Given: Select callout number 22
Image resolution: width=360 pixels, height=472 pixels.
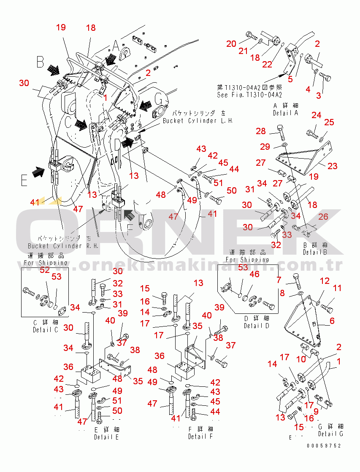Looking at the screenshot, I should [x=267, y=64].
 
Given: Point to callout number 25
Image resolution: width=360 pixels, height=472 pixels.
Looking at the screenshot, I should [x=328, y=122].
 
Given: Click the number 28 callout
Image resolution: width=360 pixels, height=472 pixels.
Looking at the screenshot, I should [x=261, y=132].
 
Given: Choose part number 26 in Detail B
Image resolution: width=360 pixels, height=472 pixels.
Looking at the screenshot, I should [x=323, y=217].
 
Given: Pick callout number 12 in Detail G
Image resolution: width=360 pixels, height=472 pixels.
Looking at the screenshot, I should [x=324, y=281].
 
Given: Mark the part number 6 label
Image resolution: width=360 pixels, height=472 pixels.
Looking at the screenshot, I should [x=332, y=321].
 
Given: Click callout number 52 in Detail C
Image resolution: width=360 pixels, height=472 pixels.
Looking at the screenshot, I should [x=44, y=270].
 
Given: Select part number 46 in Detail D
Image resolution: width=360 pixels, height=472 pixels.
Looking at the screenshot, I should [x=254, y=274].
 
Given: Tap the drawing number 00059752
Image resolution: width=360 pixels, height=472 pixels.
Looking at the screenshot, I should [x=324, y=445].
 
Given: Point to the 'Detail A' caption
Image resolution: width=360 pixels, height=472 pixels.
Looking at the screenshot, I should [x=285, y=113].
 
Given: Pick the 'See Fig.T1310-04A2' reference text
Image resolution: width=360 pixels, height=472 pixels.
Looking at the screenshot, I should [x=249, y=95].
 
